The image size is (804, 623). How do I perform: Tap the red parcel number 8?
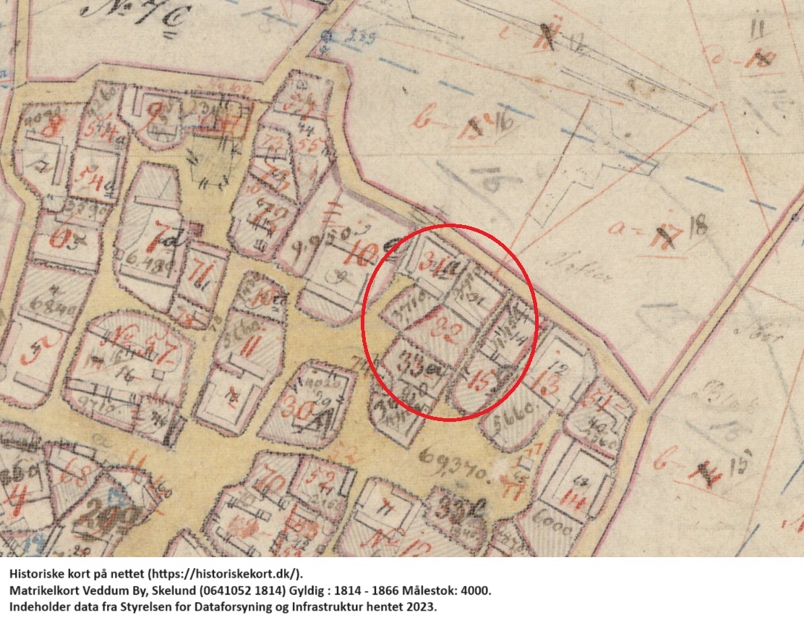coord(52,130)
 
